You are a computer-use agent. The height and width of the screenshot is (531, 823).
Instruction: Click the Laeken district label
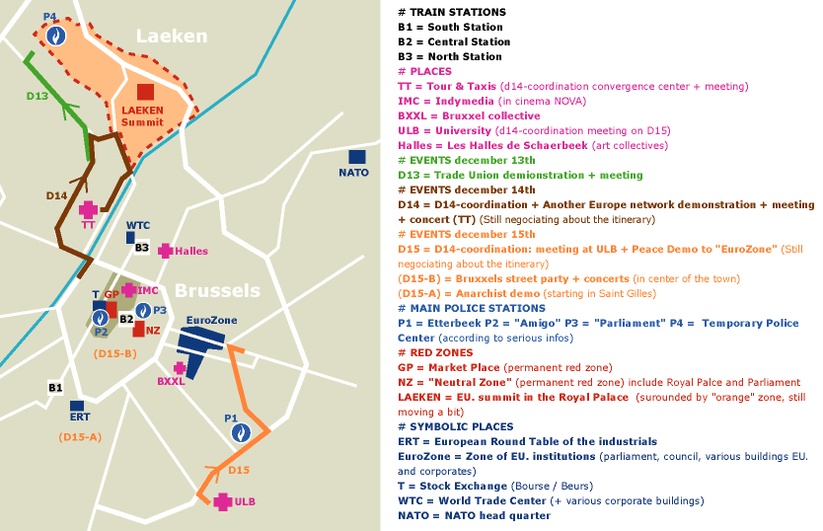click(172, 37)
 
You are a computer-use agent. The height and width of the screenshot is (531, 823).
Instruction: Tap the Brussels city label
click(217, 290)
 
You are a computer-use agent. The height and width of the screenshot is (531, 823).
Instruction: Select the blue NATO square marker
click(356, 156)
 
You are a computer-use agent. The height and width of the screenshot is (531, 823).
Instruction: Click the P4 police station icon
click(56, 36)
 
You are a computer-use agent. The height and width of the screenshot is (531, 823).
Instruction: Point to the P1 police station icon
click(238, 432)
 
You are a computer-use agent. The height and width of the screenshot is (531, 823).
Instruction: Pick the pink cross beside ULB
click(222, 501)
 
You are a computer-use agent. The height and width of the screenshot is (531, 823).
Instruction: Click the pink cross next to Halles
click(165, 251)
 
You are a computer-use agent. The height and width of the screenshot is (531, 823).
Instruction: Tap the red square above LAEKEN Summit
click(145, 91)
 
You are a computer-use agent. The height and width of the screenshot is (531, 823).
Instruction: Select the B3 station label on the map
click(142, 247)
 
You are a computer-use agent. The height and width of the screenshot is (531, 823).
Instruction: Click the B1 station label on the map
click(55, 388)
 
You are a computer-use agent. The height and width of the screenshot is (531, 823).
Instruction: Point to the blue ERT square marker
click(77, 405)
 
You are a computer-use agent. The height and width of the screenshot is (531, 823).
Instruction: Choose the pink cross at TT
click(89, 209)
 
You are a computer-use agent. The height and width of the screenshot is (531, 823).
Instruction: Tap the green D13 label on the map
click(37, 96)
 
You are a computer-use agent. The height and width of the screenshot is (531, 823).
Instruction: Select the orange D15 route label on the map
click(239, 470)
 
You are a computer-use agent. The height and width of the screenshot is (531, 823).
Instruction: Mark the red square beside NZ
click(139, 330)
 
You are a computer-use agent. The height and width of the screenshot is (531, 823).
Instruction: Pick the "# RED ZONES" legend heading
click(435, 352)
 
